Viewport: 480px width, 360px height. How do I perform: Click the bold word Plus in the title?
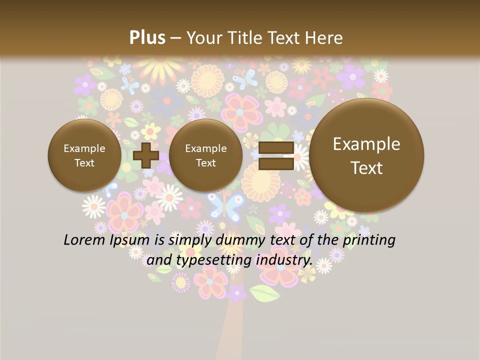(x=147, y=37)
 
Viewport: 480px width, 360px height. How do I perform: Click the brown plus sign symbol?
(x=146, y=155)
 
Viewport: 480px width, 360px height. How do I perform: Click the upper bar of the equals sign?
(x=276, y=147)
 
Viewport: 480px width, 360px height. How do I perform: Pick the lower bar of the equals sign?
(x=276, y=163)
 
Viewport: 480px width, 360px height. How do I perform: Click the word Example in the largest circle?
(x=366, y=144)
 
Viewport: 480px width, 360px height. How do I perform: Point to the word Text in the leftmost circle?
(x=84, y=163)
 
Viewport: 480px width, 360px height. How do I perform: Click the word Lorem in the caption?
(x=84, y=240)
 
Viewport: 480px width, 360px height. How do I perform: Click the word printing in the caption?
(x=368, y=240)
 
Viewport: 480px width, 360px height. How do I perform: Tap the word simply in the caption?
(x=190, y=240)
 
